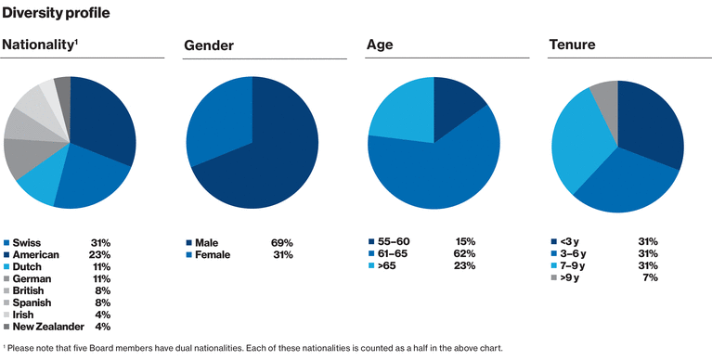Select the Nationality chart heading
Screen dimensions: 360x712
point(37,45)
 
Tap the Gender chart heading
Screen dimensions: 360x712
point(209,45)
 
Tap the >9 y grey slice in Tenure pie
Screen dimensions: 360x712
point(605,92)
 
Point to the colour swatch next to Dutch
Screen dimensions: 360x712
point(7,266)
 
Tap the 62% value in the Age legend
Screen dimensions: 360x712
point(463,254)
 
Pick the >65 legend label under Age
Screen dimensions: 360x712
point(388,266)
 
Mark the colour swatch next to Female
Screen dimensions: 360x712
point(189,254)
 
